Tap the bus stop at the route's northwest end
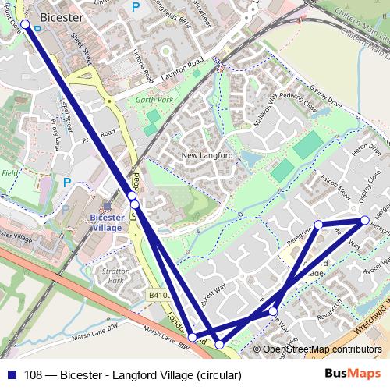25,25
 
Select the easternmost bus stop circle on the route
364,220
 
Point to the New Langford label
207,156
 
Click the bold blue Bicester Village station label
106,222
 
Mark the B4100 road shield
159,296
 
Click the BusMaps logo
358,374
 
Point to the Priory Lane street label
55,133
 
